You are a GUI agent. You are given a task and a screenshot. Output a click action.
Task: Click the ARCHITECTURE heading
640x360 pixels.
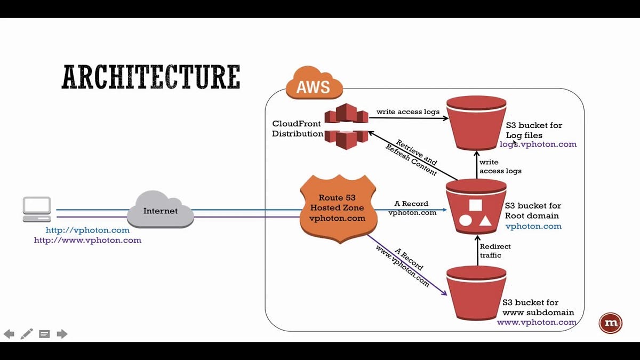(x=151, y=77)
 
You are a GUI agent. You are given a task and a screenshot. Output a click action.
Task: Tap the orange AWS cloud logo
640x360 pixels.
(x=314, y=84)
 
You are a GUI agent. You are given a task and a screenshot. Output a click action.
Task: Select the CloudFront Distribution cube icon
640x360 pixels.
(x=346, y=126)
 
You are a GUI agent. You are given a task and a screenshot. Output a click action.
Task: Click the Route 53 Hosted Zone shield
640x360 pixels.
(x=338, y=208)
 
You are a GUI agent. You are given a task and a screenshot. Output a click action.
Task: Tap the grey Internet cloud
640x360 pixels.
(x=160, y=210)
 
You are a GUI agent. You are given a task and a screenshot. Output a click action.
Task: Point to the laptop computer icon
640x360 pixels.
(x=37, y=209)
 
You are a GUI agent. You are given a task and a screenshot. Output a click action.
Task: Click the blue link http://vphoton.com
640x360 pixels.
(x=87, y=230)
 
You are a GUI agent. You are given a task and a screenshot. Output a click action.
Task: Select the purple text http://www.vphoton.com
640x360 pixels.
(x=87, y=241)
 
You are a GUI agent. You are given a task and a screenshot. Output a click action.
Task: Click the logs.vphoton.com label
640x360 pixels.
(x=538, y=145)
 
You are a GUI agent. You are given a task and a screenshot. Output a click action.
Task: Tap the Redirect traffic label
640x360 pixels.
(x=495, y=251)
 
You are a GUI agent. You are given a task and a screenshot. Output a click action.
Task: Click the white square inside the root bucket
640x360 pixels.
(x=476, y=205)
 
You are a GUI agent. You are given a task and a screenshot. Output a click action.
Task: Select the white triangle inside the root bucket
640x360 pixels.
(x=485, y=220)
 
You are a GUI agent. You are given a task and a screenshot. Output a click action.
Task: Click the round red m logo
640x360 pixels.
(x=610, y=323)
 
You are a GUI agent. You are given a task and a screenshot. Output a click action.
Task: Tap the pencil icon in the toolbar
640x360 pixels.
(x=27, y=334)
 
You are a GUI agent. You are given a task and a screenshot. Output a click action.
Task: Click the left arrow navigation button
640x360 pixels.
(x=9, y=334)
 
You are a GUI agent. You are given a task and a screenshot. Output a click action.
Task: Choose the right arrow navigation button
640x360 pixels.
(x=62, y=334)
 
